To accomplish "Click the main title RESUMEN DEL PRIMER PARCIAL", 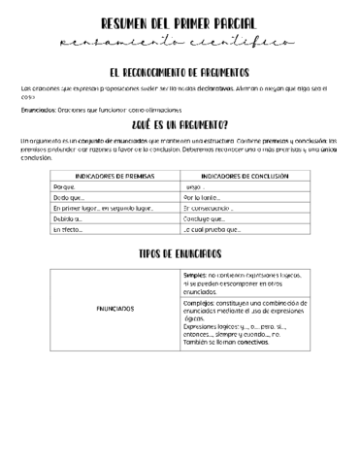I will [x=180, y=23].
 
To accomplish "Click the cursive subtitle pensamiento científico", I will [x=180, y=43].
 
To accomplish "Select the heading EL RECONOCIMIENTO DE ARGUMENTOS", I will [x=180, y=73].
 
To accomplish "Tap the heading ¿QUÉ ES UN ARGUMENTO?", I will [x=180, y=125].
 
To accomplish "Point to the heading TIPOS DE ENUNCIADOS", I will [x=180, y=253].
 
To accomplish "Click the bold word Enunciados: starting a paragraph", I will [x=39, y=109].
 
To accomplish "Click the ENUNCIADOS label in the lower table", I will [x=115, y=309].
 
